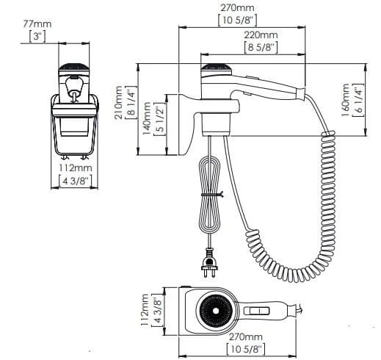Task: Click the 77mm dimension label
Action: click(37, 24)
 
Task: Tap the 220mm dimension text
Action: click(261, 35)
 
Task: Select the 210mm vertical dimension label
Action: click(119, 103)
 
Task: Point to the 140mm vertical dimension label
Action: click(147, 118)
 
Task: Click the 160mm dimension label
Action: click(346, 100)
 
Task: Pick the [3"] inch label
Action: click(37, 37)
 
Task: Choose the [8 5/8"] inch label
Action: click(261, 47)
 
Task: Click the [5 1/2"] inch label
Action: click(159, 119)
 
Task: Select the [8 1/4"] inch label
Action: click(131, 103)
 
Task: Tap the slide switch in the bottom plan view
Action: click(257, 311)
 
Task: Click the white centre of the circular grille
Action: click(216, 311)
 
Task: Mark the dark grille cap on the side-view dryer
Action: click(216, 68)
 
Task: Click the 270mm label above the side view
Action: click(237, 8)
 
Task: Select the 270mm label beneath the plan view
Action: click(245, 336)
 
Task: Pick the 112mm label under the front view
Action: click(76, 168)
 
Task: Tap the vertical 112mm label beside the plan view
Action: click(145, 310)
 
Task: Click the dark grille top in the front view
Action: click(73, 67)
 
